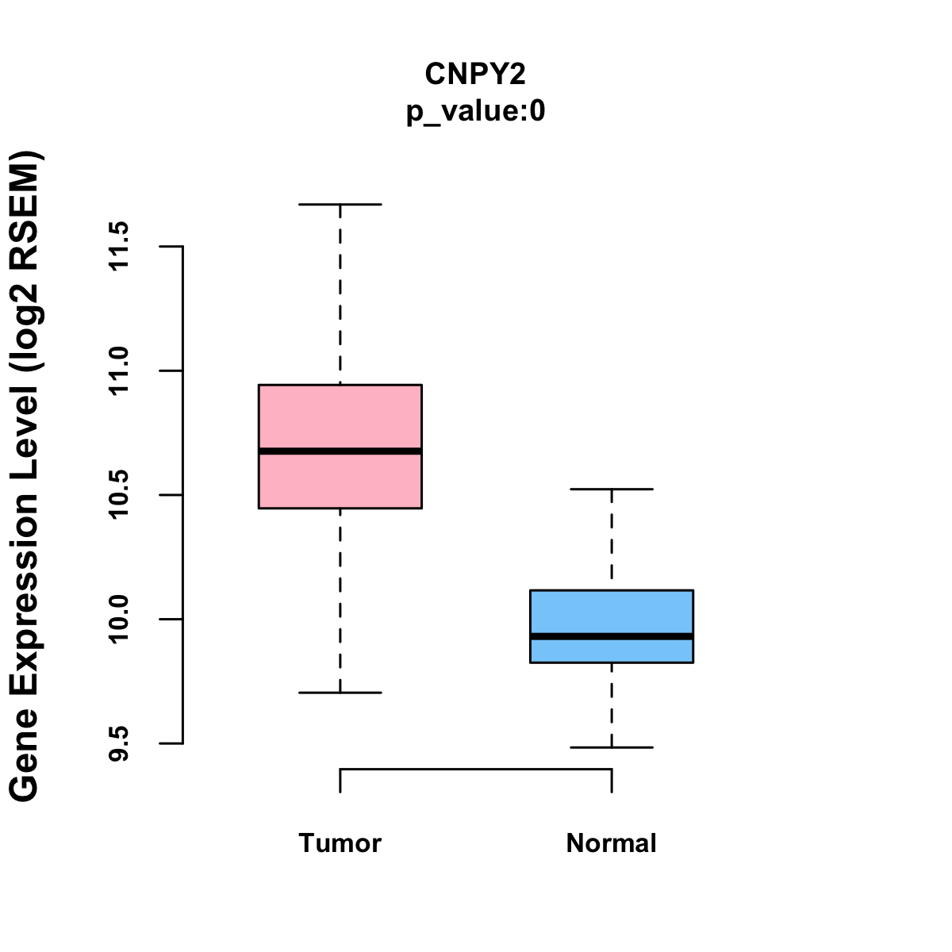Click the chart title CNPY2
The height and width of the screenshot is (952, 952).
[475, 74]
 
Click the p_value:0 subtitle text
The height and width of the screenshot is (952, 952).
[475, 112]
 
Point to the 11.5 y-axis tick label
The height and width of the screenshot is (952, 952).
[119, 247]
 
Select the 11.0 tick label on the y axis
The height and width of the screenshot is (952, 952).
[119, 371]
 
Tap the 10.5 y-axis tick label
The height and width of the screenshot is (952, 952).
[119, 495]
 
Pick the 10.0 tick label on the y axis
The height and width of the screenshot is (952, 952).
[119, 620]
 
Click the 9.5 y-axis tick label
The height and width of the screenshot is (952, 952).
[119, 743]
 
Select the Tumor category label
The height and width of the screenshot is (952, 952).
[340, 843]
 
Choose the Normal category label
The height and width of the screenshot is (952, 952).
[612, 843]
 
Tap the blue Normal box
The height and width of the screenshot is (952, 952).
[612, 611]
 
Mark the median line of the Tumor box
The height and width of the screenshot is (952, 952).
[340, 451]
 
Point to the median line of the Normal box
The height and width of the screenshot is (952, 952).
[612, 636]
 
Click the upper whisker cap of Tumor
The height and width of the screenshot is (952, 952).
[340, 204]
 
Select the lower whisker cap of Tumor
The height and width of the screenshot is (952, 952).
[340, 693]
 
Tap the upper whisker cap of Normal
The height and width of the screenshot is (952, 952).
[612, 489]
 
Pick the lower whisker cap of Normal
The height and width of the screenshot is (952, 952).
[612, 747]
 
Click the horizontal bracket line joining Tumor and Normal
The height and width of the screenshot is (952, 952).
[476, 769]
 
